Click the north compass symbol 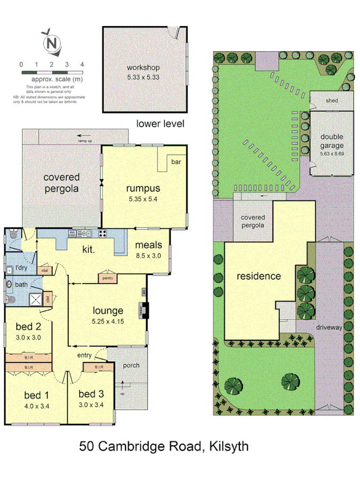[51, 43]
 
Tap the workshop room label [143, 68]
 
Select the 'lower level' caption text [160, 124]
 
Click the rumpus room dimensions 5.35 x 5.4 [143, 199]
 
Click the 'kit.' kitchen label [88, 249]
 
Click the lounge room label [108, 310]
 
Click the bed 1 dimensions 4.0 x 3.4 [37, 406]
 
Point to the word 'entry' [84, 355]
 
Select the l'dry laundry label [21, 267]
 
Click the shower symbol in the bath [36, 299]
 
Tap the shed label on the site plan [332, 100]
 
